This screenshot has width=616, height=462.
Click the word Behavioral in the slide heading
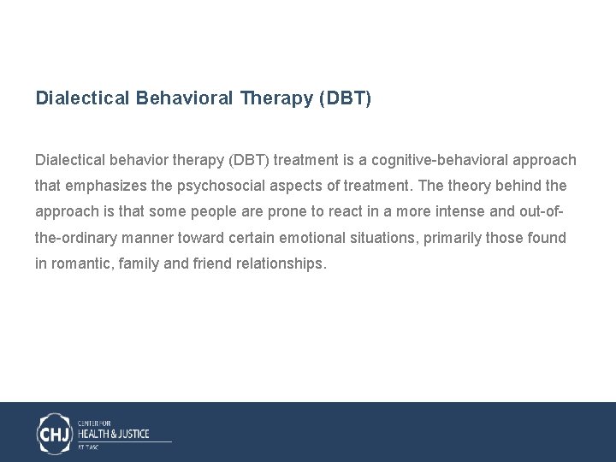click(x=184, y=98)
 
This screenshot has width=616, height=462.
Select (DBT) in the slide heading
click(x=345, y=98)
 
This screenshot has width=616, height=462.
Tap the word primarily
click(x=456, y=237)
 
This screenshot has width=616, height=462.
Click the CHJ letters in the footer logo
click(x=55, y=433)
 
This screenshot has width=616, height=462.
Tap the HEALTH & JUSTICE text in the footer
click(x=115, y=433)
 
